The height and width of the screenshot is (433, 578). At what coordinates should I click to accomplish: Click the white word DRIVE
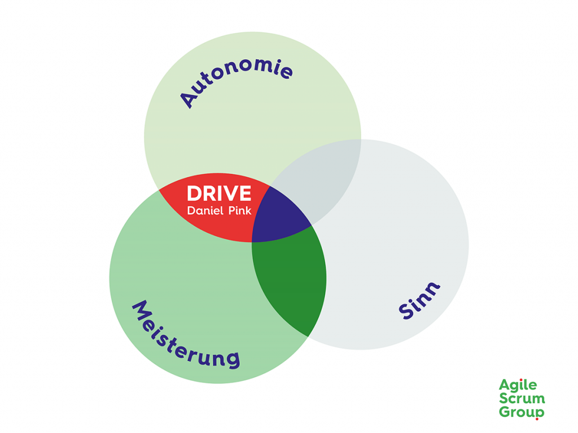click(219, 193)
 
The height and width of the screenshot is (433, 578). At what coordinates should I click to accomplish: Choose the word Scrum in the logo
click(522, 399)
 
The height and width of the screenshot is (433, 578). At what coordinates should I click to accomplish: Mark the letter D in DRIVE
click(194, 193)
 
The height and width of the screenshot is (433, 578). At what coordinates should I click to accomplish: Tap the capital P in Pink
click(229, 211)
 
